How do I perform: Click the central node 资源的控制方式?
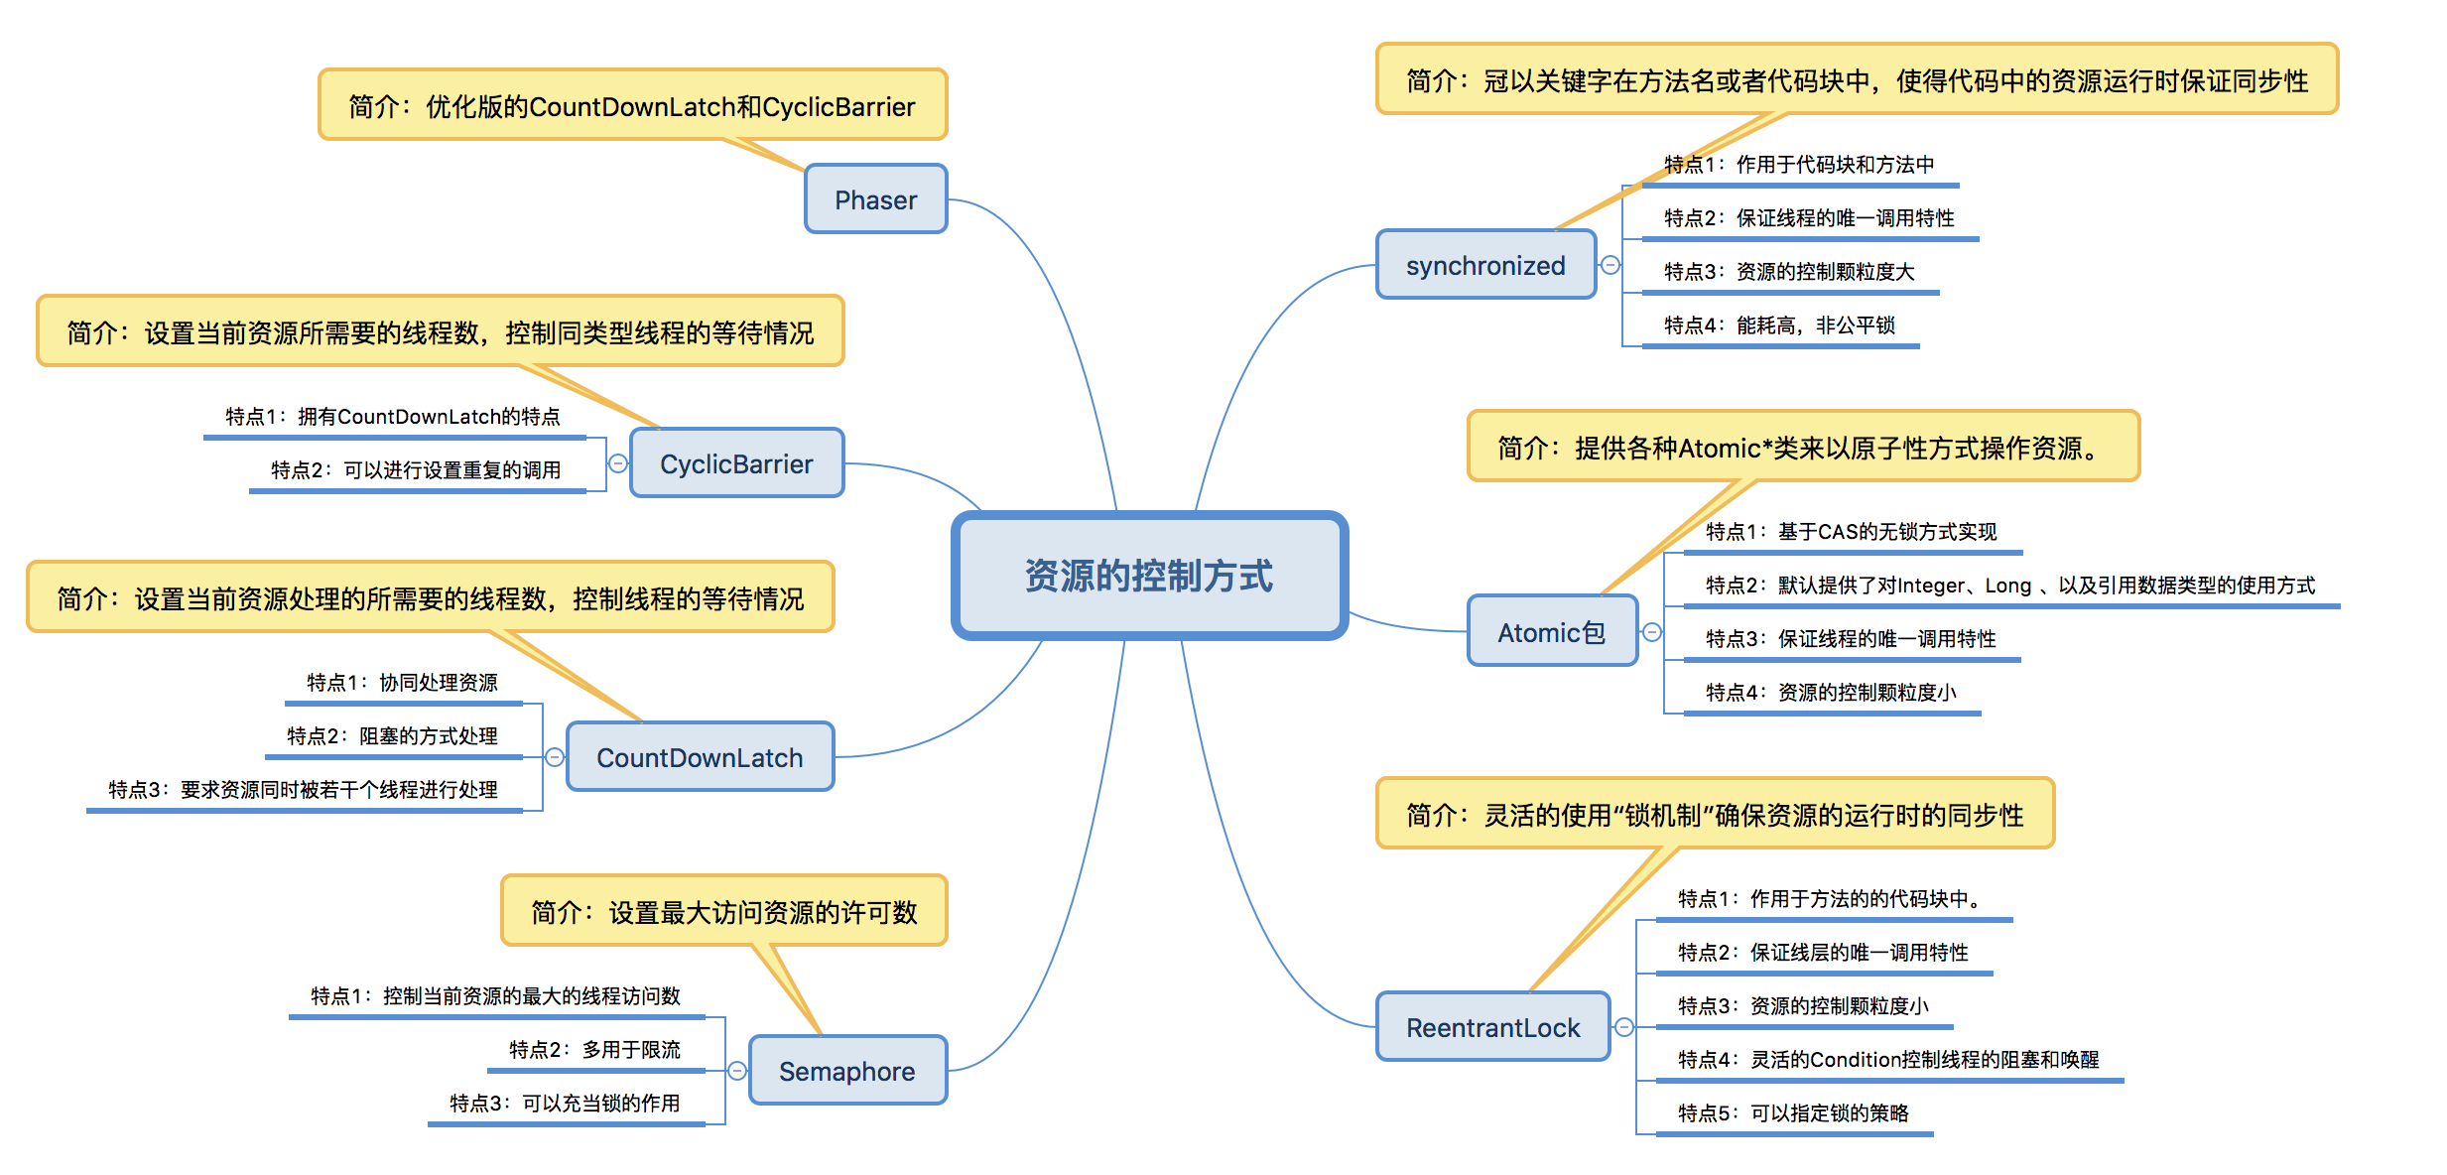1149,576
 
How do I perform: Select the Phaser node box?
875,199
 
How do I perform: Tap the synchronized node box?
1484,265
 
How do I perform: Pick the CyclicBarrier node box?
736,463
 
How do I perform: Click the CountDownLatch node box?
700,757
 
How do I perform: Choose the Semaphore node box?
846,1071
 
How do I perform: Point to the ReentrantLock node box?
1492,1027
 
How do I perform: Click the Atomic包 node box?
1551,632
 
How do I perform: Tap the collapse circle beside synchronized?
1610,265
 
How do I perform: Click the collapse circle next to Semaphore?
737,1071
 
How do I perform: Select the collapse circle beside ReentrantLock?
1624,1027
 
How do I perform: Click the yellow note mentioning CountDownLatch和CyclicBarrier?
632,106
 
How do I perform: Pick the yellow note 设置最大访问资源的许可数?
723,911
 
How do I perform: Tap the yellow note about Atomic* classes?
1802,448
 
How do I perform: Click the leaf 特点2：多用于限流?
594,1050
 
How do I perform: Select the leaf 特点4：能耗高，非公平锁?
1779,326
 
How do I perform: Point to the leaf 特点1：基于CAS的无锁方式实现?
1851,532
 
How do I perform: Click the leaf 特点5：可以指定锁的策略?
1793,1113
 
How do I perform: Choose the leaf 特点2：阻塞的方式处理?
392,736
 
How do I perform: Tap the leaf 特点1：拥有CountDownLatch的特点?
393,417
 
